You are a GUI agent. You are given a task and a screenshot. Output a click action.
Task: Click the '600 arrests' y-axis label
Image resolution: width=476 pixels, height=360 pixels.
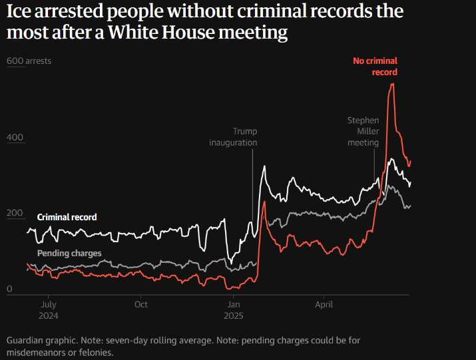pyautogui.click(x=29, y=61)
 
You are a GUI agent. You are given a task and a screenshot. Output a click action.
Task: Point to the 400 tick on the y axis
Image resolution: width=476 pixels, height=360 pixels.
pyautogui.click(x=15, y=138)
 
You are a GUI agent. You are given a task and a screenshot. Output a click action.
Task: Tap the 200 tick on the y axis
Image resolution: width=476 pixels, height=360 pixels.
pyautogui.click(x=15, y=214)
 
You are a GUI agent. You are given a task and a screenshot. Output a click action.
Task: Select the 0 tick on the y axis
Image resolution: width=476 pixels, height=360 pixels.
pyautogui.click(x=9, y=289)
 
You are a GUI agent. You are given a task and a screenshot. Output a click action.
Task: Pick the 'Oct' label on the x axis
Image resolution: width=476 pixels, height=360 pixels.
pyautogui.click(x=141, y=305)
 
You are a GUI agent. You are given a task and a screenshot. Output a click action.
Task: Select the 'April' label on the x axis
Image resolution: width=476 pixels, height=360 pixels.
pyautogui.click(x=324, y=305)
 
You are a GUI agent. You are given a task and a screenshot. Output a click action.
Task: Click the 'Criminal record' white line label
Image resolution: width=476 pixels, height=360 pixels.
pyautogui.click(x=67, y=217)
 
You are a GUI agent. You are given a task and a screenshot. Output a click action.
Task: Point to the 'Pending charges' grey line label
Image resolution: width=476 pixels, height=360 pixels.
pyautogui.click(x=69, y=254)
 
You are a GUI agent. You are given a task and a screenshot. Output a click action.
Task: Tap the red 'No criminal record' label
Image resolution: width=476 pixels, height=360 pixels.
pyautogui.click(x=375, y=67)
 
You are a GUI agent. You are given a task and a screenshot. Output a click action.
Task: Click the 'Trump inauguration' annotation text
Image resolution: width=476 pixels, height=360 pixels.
pyautogui.click(x=234, y=136)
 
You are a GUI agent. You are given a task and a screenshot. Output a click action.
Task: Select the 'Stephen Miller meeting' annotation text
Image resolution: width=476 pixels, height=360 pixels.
pyautogui.click(x=363, y=131)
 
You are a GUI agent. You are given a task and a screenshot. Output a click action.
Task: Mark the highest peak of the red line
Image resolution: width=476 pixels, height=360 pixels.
pyautogui.click(x=392, y=84)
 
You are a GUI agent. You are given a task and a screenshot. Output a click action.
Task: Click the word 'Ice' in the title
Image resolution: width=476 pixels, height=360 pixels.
pyautogui.click(x=19, y=13)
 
